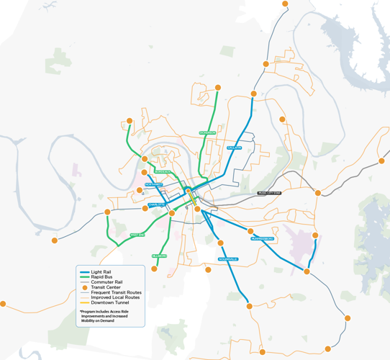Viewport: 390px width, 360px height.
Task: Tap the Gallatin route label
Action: pyautogui.click(x=233, y=148)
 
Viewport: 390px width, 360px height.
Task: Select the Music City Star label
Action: pyautogui.click(x=269, y=193)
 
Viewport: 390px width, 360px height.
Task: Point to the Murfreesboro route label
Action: pyautogui.click(x=263, y=238)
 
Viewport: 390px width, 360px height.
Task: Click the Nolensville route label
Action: pyautogui.click(x=228, y=259)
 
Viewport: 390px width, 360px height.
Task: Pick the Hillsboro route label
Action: pyautogui.click(x=160, y=256)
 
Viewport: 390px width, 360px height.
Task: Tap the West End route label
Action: pyautogui.click(x=137, y=235)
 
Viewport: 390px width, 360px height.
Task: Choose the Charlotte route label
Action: pyautogui.click(x=156, y=205)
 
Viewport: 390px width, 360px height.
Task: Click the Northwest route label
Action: pyautogui.click(x=153, y=184)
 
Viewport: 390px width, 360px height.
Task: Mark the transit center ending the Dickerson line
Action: pyautogui.click(x=218, y=88)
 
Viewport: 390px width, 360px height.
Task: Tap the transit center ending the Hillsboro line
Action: pyautogui.click(x=153, y=269)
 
